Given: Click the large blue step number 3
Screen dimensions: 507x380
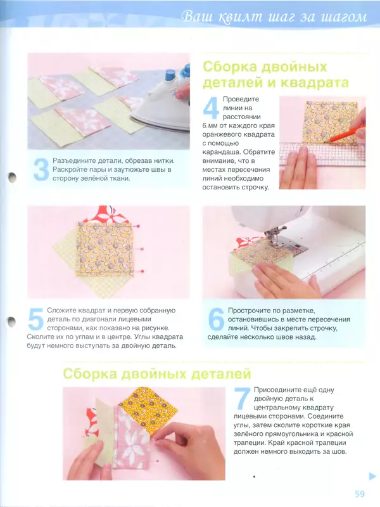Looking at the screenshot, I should point(41,170).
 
